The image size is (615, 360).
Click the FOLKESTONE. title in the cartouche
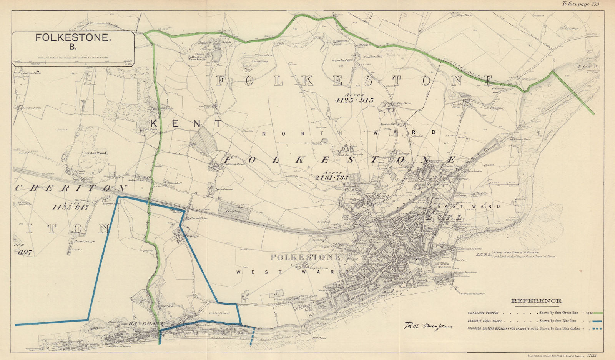click(x=73, y=38)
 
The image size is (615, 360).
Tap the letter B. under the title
click(x=73, y=48)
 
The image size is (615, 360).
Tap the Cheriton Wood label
click(x=94, y=153)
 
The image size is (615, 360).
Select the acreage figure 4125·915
click(x=354, y=100)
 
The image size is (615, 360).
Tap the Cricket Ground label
click(x=219, y=313)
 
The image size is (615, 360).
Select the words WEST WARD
click(x=293, y=272)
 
